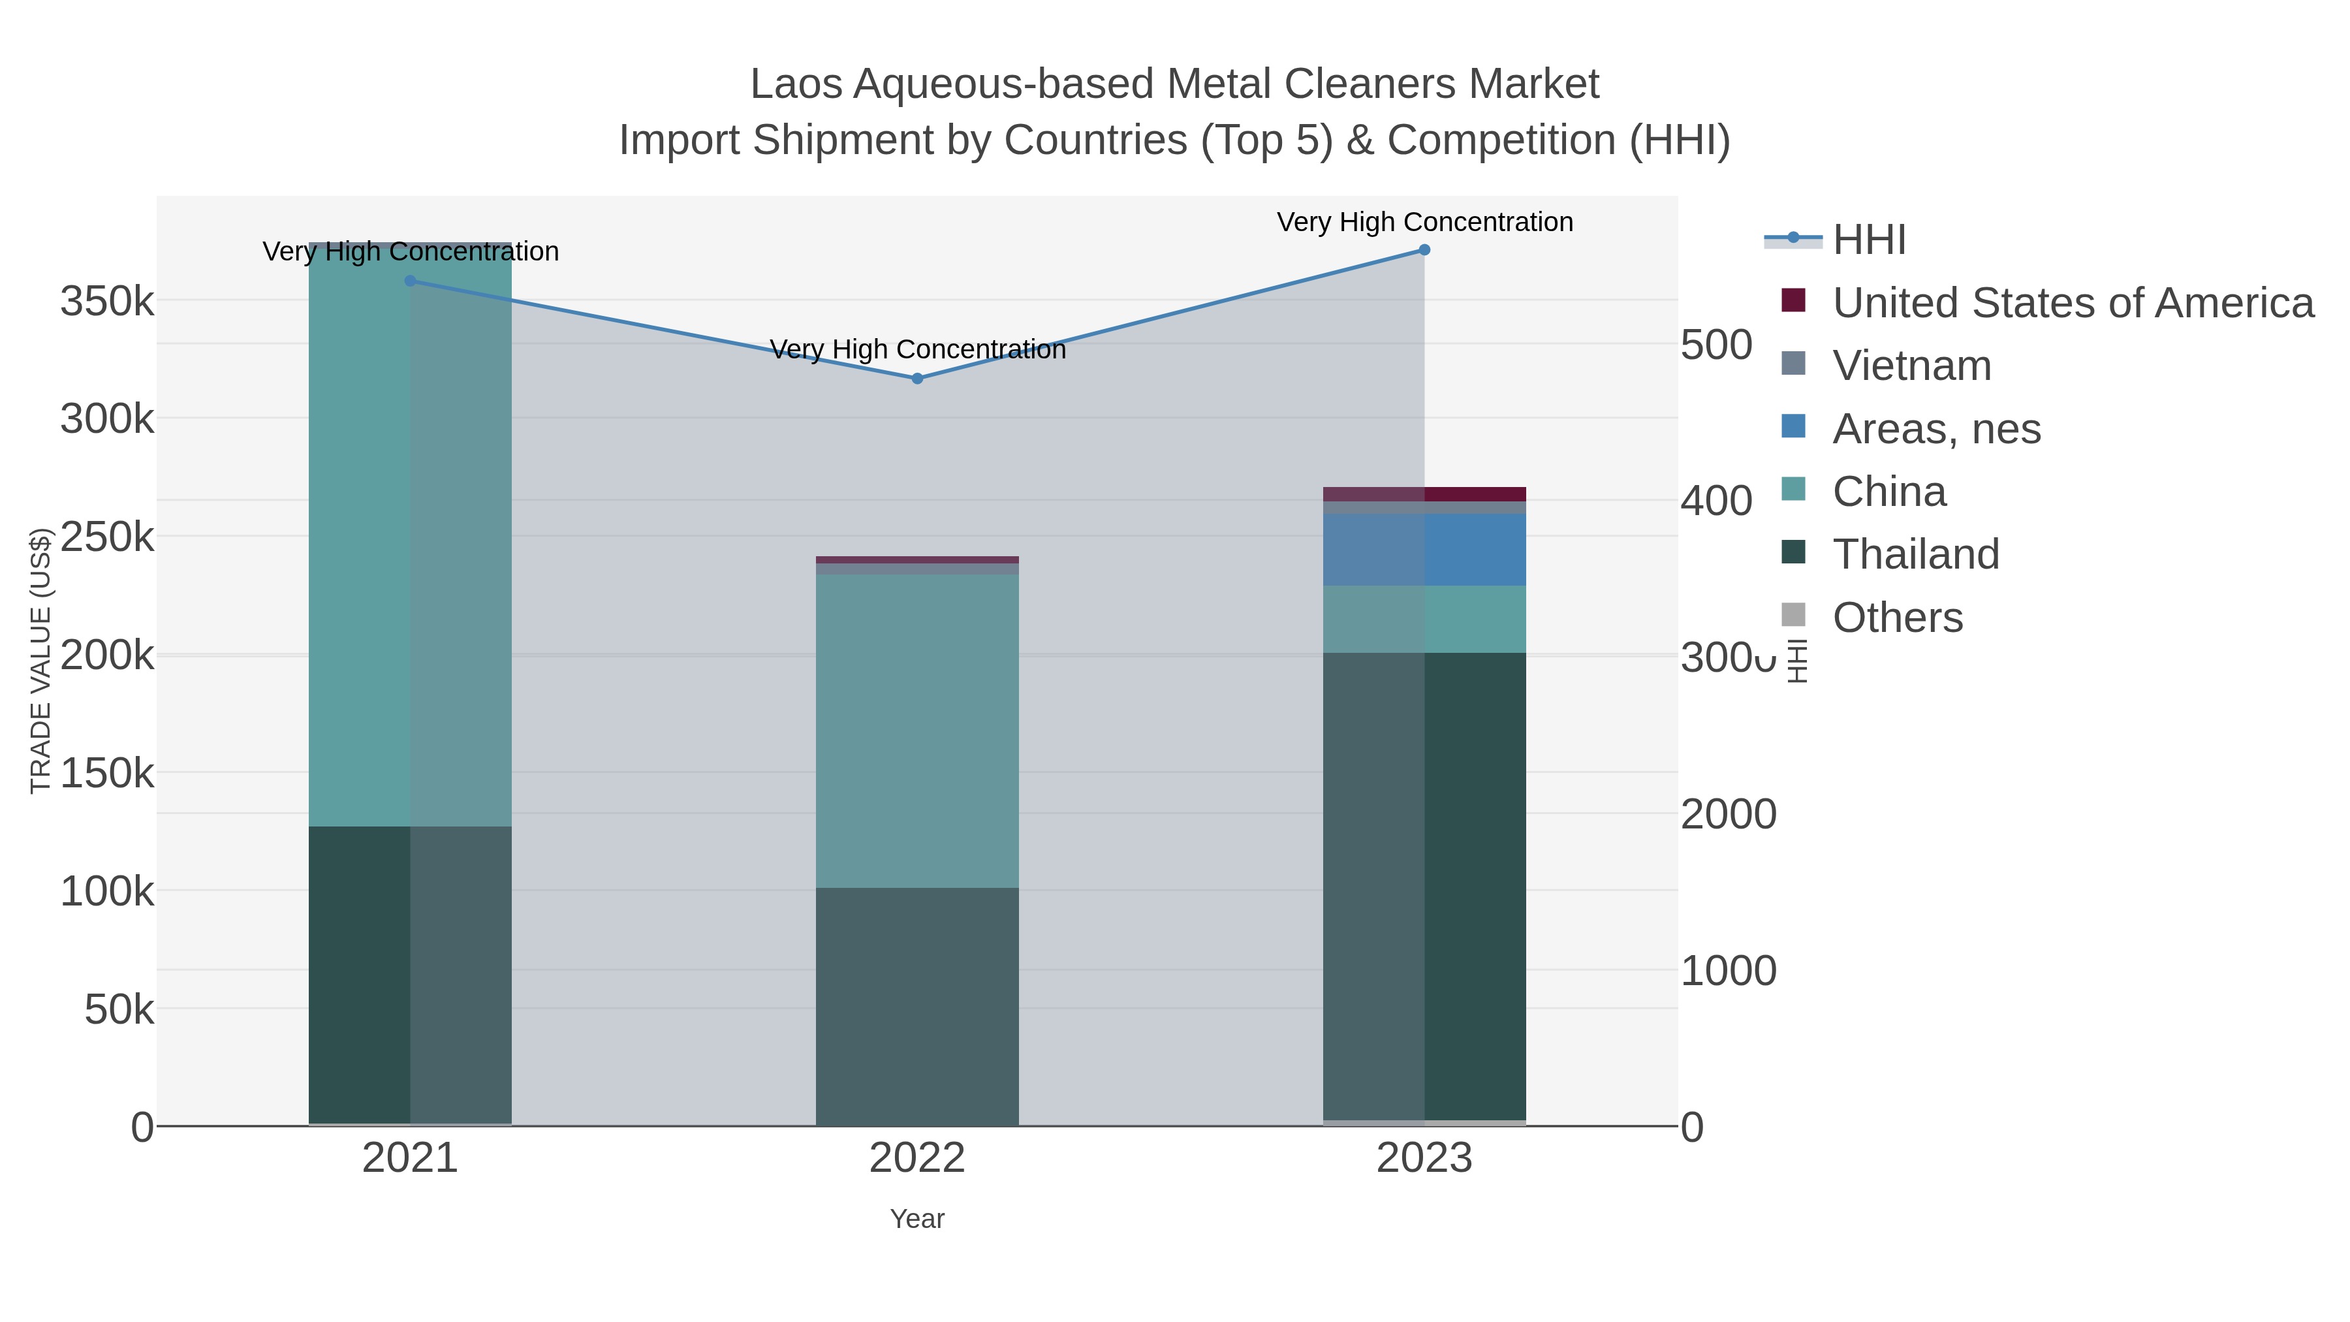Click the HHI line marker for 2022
tap(917, 378)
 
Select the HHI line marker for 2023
tap(1424, 250)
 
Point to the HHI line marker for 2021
tap(409, 281)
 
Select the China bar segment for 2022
tap(917, 730)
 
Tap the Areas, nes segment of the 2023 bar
tap(1424, 549)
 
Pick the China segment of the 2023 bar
tap(1424, 619)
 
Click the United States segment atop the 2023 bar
tap(1424, 494)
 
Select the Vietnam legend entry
tap(1912, 366)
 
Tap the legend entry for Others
tap(1898, 618)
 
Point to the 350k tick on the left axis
tap(107, 301)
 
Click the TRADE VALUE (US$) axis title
tap(40, 661)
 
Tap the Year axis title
tap(917, 1219)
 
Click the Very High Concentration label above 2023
tap(1424, 222)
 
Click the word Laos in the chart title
tap(796, 84)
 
